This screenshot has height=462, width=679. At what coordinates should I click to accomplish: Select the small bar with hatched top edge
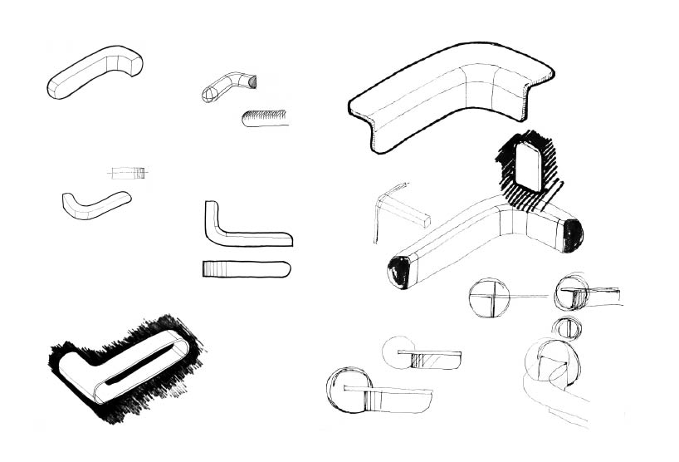(266, 118)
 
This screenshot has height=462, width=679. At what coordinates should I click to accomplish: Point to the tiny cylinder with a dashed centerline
(128, 173)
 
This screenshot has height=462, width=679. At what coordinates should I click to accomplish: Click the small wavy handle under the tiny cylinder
(94, 204)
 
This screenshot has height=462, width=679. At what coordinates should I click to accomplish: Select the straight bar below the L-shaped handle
(246, 269)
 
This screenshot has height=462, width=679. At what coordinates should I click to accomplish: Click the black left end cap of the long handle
(398, 271)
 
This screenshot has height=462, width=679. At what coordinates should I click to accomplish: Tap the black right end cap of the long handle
(573, 234)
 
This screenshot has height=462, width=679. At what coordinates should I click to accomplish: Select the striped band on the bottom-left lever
(369, 399)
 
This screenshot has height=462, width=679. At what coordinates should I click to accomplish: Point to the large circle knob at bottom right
(548, 361)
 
